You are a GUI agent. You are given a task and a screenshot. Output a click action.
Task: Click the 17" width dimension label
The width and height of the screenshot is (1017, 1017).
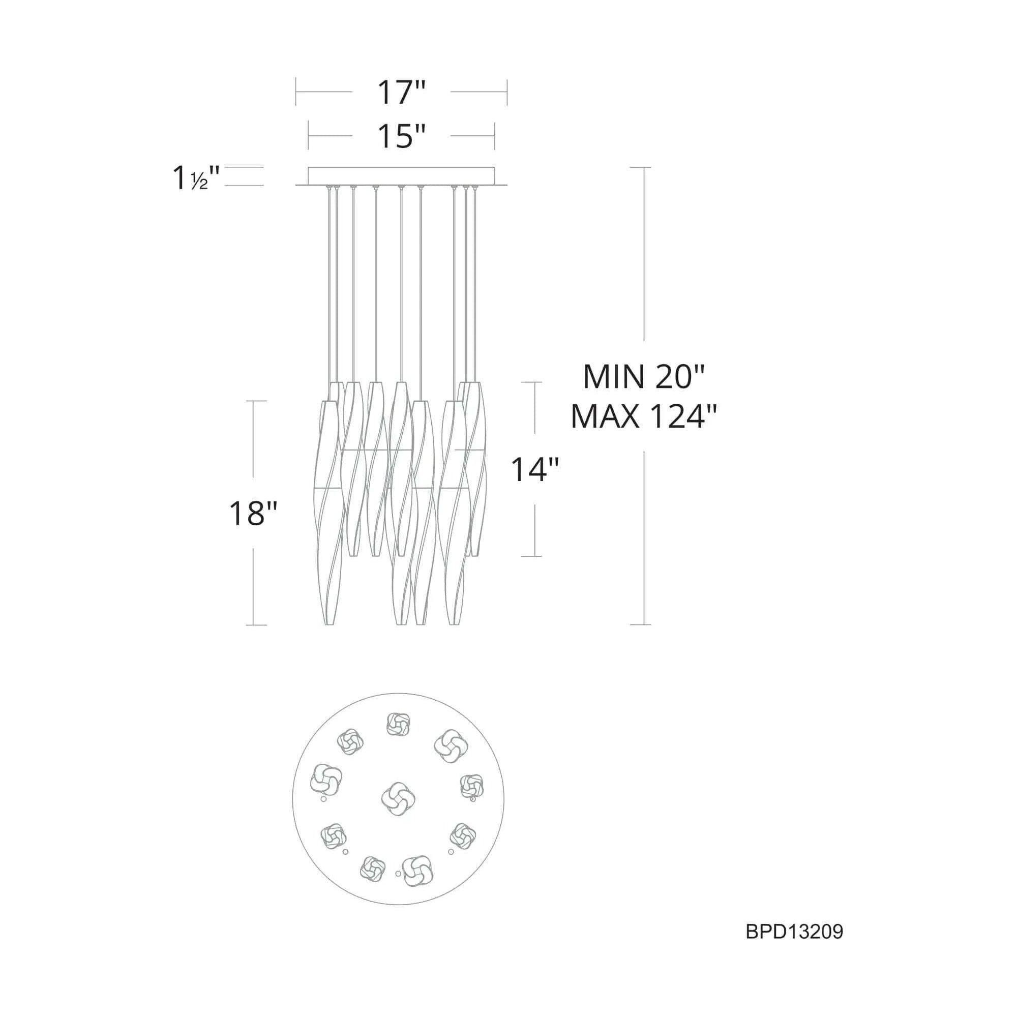[x=401, y=93]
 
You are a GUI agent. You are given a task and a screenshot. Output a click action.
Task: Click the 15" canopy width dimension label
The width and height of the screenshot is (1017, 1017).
[x=401, y=136]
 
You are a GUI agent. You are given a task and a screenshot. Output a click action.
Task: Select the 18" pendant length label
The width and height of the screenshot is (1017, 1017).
[x=253, y=513]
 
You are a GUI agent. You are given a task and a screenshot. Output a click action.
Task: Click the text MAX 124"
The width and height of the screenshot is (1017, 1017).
[x=643, y=416]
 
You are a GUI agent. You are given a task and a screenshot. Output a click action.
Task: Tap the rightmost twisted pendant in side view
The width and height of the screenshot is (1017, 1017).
[x=475, y=468]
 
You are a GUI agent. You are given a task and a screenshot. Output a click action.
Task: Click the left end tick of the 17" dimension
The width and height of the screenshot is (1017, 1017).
[x=296, y=92]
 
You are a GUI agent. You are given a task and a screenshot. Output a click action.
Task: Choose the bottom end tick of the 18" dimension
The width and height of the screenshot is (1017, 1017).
[x=256, y=625]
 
